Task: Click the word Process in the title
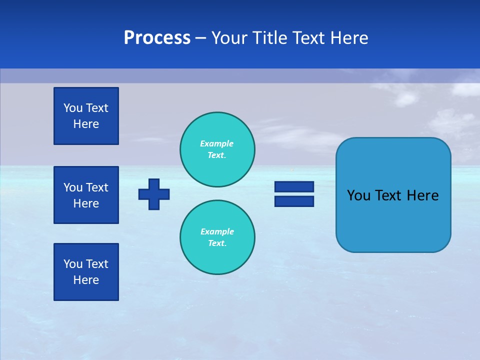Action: click(x=157, y=38)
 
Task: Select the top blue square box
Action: click(x=86, y=116)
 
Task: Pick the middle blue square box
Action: click(x=86, y=195)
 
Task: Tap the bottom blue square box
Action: click(x=86, y=272)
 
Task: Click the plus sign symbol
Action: click(x=154, y=194)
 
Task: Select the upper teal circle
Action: click(x=217, y=149)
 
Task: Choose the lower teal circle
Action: click(x=217, y=237)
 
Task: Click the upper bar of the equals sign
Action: click(x=294, y=187)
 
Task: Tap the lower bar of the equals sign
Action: click(x=294, y=201)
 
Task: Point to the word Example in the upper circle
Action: click(x=216, y=143)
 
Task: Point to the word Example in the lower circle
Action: click(x=217, y=231)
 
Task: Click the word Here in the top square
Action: click(x=86, y=124)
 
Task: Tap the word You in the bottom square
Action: click(x=73, y=264)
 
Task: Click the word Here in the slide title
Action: click(x=349, y=38)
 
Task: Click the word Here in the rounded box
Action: click(x=422, y=195)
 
